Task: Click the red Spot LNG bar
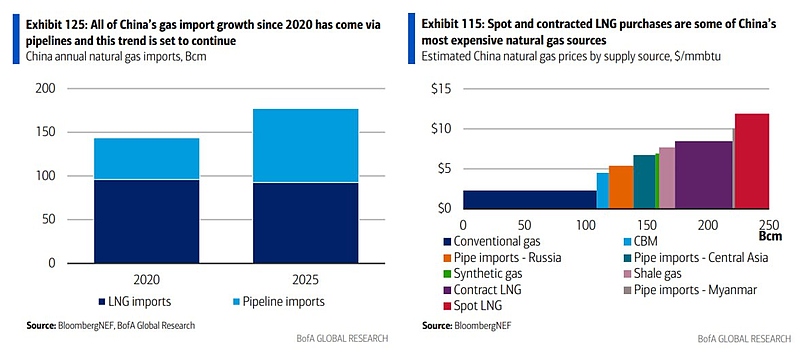coord(751,160)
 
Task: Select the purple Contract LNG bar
coord(703,174)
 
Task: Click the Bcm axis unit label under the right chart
coord(770,238)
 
